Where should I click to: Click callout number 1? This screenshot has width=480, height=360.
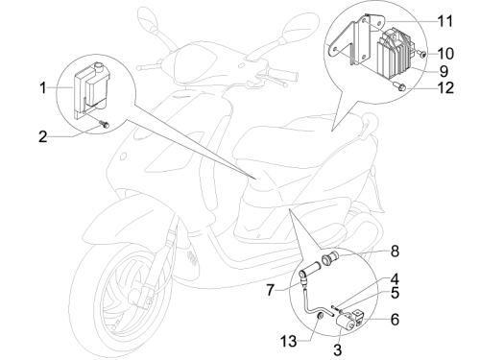[43, 87]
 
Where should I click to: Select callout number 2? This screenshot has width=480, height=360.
[43, 136]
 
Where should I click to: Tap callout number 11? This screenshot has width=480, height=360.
[445, 21]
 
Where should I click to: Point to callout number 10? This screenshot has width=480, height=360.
[445, 54]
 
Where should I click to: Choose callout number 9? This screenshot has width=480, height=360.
[444, 71]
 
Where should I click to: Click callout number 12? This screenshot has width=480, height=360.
[445, 87]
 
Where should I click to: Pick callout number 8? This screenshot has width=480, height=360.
[396, 252]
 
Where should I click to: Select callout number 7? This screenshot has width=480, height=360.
[271, 290]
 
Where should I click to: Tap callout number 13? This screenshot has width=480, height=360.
[289, 341]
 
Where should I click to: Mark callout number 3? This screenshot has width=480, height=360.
[338, 349]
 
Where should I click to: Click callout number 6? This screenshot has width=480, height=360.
[396, 319]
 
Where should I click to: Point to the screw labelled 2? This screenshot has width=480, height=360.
[104, 124]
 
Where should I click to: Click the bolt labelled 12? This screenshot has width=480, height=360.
[399, 86]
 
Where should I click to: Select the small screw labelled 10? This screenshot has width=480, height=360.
[421, 54]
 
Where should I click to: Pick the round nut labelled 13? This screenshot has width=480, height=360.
[320, 317]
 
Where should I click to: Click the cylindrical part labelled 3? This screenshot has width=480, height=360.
[345, 321]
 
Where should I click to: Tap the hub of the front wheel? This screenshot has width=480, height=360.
[137, 297]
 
